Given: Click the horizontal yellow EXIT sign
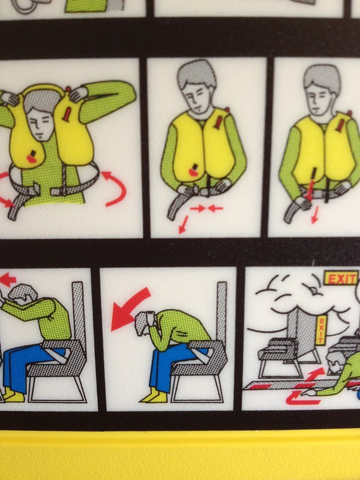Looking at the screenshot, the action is coord(341,278).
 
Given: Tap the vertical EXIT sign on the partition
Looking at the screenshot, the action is coord(321,330).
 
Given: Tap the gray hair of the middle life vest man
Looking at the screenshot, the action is coord(196,74).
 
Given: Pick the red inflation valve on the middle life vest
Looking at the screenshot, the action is coord(193,170).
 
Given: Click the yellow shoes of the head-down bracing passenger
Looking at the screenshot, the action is coord(155,396).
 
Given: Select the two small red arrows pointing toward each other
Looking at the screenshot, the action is coord(206,209).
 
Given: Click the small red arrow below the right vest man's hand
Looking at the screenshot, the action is coord(314,215).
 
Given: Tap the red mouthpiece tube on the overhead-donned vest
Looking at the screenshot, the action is coord(67,114).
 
